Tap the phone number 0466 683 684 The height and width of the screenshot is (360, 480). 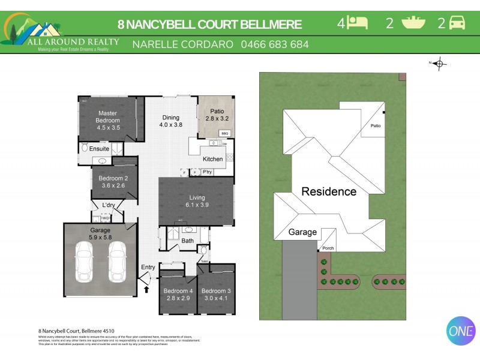(x=275, y=44)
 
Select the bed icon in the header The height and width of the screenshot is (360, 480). (x=358, y=23)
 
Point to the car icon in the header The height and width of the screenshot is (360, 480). (x=457, y=23)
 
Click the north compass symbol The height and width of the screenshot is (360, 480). (x=439, y=63)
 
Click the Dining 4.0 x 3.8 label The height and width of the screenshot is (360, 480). (x=170, y=121)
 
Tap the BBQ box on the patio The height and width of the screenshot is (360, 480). (x=224, y=133)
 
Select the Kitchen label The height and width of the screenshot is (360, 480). (x=212, y=159)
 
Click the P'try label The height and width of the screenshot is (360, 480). (x=207, y=172)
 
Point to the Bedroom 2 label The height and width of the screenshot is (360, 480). (x=113, y=182)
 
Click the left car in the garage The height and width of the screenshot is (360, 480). (x=83, y=262)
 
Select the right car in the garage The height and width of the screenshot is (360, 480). (x=118, y=262)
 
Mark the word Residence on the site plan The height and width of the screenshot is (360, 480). (x=328, y=192)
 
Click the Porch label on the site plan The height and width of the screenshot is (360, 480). (x=328, y=248)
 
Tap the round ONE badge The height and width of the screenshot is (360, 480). (x=461, y=331)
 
